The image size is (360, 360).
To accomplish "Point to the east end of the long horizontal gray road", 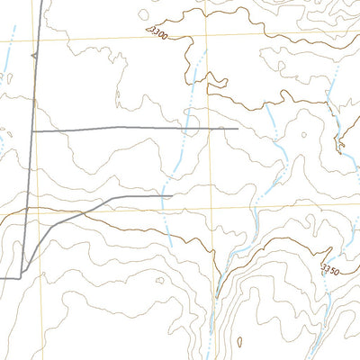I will [x=238, y=129].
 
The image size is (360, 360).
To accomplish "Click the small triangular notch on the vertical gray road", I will [x=33, y=56].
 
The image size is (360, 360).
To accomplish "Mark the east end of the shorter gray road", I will [x=170, y=195].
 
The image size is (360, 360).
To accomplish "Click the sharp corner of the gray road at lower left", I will [x=22, y=277].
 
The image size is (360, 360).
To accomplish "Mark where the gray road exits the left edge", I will [x=1, y=278].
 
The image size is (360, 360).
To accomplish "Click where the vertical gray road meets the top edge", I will [x=40, y=1].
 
